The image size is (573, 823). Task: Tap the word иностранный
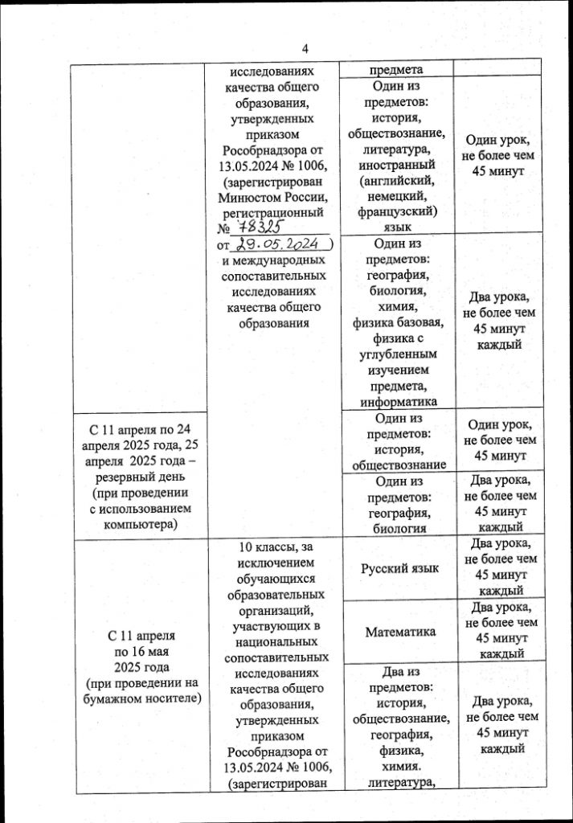(x=399, y=165)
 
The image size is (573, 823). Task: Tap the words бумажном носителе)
(x=135, y=699)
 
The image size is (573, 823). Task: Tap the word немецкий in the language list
(x=399, y=197)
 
